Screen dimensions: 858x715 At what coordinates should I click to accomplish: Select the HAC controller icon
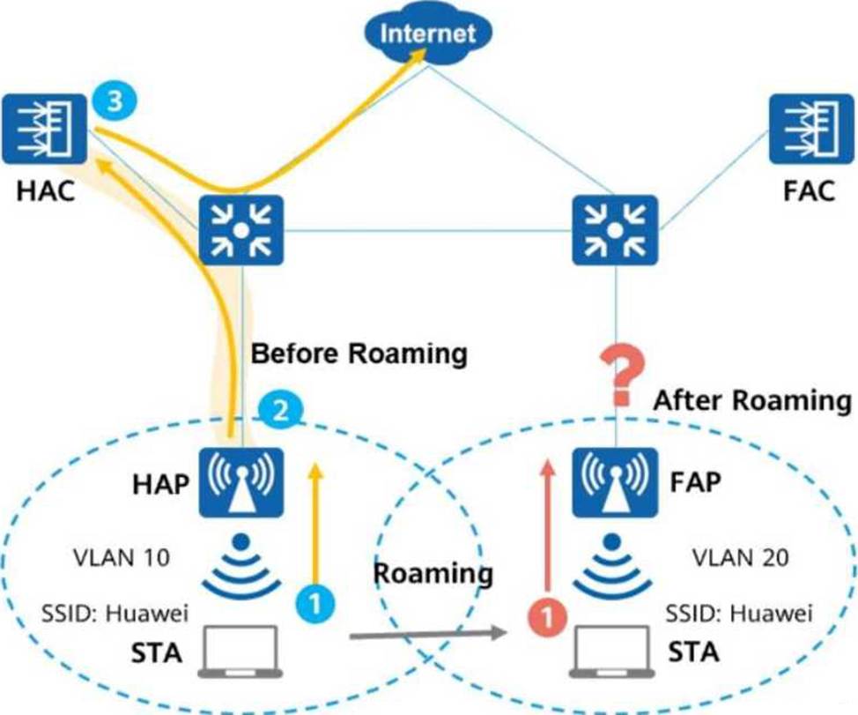(44, 129)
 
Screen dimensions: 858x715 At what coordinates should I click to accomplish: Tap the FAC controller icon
(811, 129)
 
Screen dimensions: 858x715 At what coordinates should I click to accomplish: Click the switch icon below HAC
(240, 230)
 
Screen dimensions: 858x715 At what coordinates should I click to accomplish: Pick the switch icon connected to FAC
(615, 230)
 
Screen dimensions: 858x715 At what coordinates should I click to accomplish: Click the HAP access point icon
(240, 482)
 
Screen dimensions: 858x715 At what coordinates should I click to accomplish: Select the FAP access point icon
(615, 482)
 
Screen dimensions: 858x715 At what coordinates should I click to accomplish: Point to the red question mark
(622, 378)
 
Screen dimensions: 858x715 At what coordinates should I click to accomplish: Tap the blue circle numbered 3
(114, 102)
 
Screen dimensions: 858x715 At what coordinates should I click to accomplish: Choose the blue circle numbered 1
(315, 604)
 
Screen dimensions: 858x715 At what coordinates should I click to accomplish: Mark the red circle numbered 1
(547, 617)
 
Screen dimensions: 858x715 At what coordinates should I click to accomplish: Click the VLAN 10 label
(122, 558)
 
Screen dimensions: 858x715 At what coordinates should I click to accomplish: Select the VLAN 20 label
(740, 558)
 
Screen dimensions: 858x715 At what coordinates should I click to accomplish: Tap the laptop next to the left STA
(240, 652)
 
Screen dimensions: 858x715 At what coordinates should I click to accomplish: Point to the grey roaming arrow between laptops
(428, 634)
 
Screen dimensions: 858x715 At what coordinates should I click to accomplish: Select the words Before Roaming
(359, 354)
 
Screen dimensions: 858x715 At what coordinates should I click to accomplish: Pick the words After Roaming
(752, 400)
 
